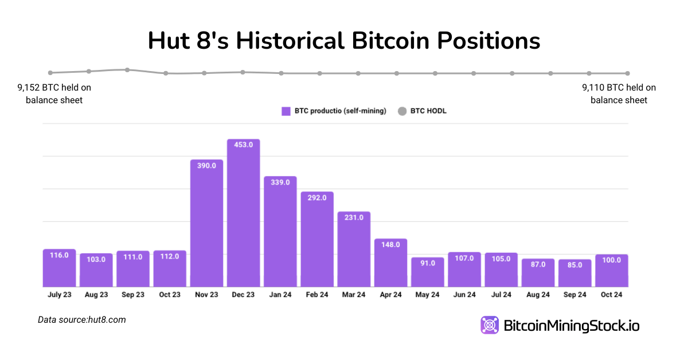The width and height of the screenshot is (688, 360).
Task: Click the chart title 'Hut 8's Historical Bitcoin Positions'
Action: pos(344,41)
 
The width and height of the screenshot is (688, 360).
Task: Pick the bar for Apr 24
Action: pos(391,263)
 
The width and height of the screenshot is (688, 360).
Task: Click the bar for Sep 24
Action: pos(575,273)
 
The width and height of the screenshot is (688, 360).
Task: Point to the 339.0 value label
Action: pos(280,182)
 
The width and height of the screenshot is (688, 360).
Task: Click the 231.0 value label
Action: pos(354,218)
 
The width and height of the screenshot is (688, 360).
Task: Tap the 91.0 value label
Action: pos(428,263)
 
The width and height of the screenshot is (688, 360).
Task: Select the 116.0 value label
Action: pos(59,255)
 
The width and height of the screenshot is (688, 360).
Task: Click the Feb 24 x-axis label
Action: pos(317,295)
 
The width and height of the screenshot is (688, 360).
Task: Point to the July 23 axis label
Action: pos(59,295)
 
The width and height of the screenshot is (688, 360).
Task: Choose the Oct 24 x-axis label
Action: pos(612,295)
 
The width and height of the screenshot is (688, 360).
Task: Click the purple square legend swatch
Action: pos(286,111)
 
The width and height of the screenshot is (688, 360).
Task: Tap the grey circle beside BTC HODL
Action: pos(402,111)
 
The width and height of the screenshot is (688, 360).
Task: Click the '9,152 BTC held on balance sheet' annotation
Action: pos(54,94)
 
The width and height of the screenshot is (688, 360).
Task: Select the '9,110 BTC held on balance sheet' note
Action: pos(619,94)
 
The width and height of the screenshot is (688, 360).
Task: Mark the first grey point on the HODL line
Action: pos(50,73)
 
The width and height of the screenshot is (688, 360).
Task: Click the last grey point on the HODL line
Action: pos(628,73)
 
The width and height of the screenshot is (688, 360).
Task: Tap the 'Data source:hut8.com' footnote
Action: pos(82,320)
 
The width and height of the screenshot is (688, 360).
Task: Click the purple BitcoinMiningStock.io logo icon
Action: pos(490,325)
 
